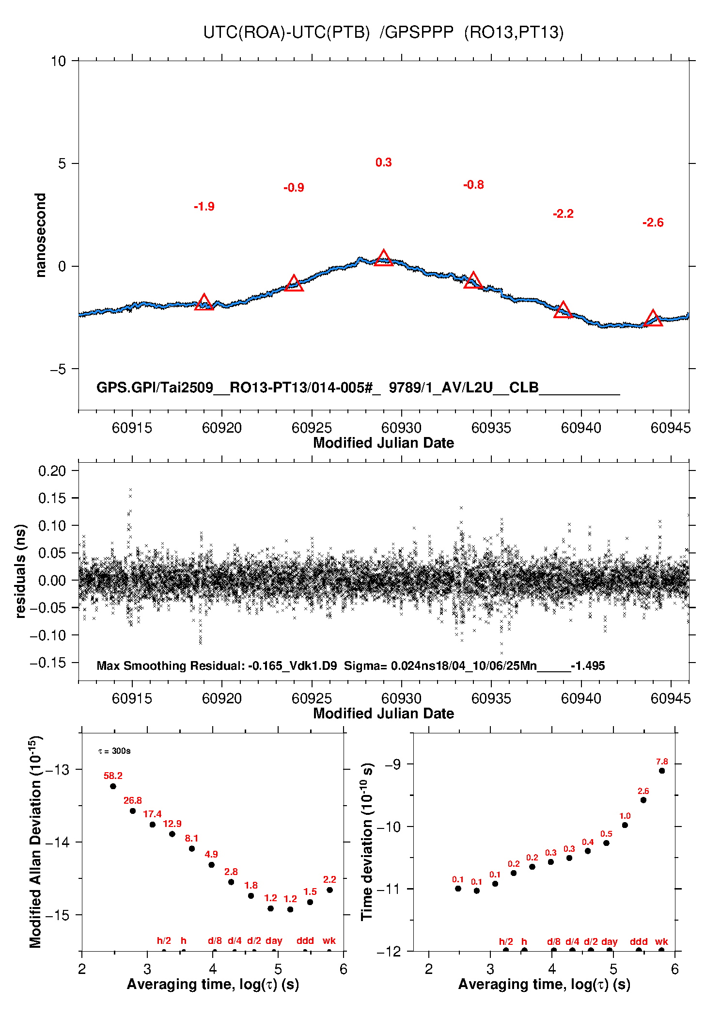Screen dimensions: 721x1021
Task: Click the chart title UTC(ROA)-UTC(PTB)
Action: point(286,32)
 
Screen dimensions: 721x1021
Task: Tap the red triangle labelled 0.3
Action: point(383,258)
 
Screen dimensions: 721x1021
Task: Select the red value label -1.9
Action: point(204,207)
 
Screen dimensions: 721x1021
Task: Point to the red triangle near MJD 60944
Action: point(653,318)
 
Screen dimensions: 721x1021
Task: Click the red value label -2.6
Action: point(653,223)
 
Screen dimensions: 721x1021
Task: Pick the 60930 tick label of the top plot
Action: point(401,428)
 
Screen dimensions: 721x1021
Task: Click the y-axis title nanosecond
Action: point(41,235)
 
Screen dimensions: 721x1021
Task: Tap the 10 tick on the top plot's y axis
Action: point(58,61)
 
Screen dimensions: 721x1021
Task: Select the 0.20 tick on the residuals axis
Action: point(52,470)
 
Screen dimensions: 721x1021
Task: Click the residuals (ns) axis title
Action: point(20,571)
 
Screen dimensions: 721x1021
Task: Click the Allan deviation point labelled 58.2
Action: point(113,786)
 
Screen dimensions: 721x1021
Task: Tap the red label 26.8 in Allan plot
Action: point(133,800)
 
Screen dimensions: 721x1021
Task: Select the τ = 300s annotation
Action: point(114,751)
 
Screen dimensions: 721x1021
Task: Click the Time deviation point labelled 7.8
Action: point(662,771)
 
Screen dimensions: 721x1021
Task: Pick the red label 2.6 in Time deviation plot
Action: point(643,791)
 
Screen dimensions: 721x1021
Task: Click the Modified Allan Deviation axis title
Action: point(35,842)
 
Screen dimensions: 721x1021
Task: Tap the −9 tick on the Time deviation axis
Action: point(393,764)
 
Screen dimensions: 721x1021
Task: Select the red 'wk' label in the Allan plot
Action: point(329,940)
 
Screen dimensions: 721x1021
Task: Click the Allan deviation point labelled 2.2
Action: point(329,890)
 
